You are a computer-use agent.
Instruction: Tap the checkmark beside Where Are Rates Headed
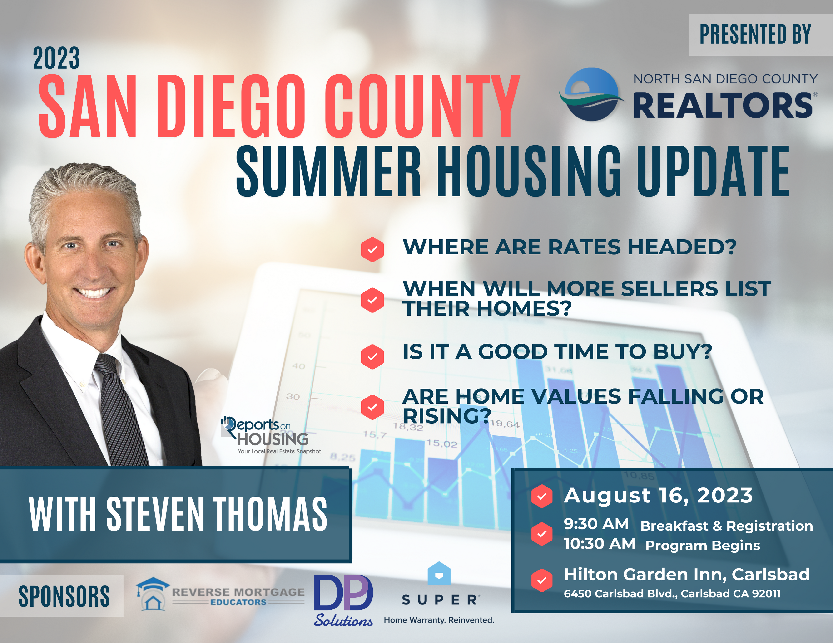[x=372, y=250]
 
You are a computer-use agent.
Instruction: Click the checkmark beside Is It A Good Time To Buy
[x=372, y=357]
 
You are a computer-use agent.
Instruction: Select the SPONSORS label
[x=64, y=596]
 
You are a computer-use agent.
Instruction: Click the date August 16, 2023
[x=658, y=496]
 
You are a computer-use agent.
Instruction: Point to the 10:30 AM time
[x=600, y=544]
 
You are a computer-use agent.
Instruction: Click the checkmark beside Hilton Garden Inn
[x=542, y=580]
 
